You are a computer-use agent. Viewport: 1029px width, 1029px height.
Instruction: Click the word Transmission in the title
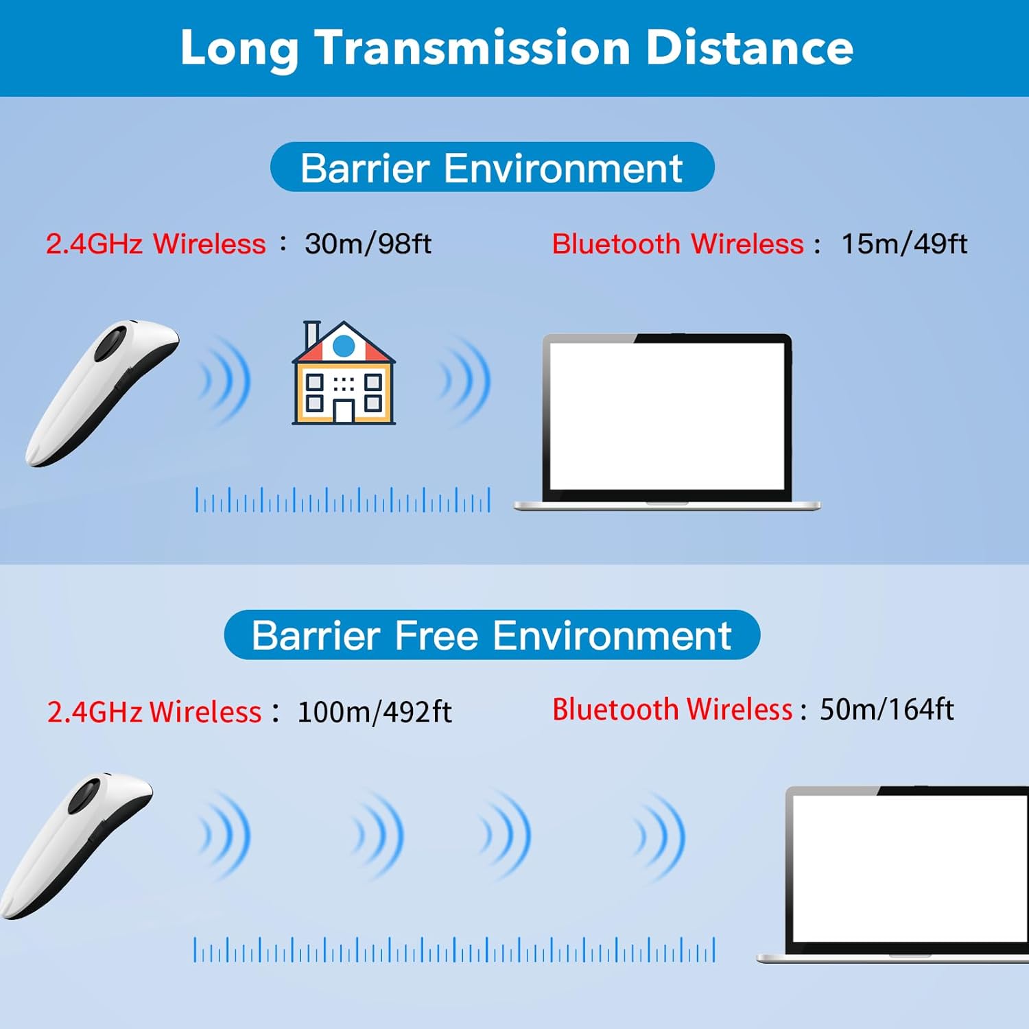click(473, 48)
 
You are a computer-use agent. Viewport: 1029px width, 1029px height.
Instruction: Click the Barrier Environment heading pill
click(492, 167)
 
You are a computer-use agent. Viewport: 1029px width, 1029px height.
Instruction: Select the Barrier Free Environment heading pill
click(492, 635)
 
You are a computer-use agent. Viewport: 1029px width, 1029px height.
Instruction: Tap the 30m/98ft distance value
click(368, 244)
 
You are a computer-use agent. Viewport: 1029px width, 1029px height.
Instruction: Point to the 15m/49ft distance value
click(903, 244)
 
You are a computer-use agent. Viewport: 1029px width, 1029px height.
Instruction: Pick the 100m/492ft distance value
click(374, 712)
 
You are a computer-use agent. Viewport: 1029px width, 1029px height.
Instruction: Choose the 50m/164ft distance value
click(886, 709)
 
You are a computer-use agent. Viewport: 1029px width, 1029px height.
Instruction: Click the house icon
click(344, 374)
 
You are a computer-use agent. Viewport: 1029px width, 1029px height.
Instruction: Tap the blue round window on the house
click(344, 346)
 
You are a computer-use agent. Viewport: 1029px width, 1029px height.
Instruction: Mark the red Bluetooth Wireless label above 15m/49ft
click(677, 244)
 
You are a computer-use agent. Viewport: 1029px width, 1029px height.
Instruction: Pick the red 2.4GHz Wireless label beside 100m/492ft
click(154, 712)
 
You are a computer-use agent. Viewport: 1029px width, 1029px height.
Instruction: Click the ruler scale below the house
click(343, 500)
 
